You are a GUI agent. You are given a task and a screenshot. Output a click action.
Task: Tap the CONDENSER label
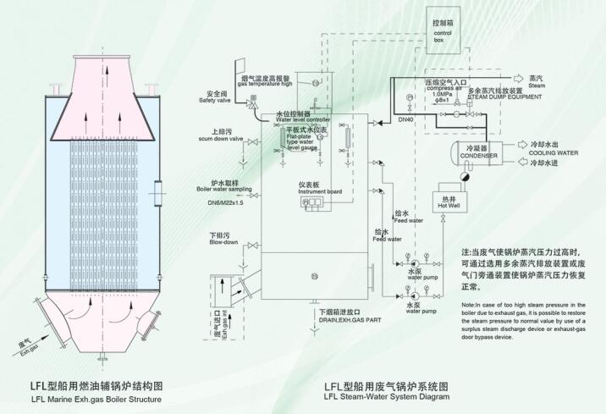coord(477,157)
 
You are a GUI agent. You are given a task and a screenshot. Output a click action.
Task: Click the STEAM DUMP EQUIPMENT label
coord(497,96)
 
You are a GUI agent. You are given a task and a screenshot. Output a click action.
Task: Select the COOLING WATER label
coord(549,152)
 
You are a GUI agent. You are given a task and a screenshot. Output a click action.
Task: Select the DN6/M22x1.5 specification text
coord(220,204)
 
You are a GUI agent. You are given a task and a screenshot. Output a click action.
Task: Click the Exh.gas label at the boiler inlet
coord(30,349)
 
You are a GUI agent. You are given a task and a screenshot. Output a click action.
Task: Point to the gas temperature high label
coord(264,84)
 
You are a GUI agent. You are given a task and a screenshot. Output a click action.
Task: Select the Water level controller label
coord(302,120)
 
